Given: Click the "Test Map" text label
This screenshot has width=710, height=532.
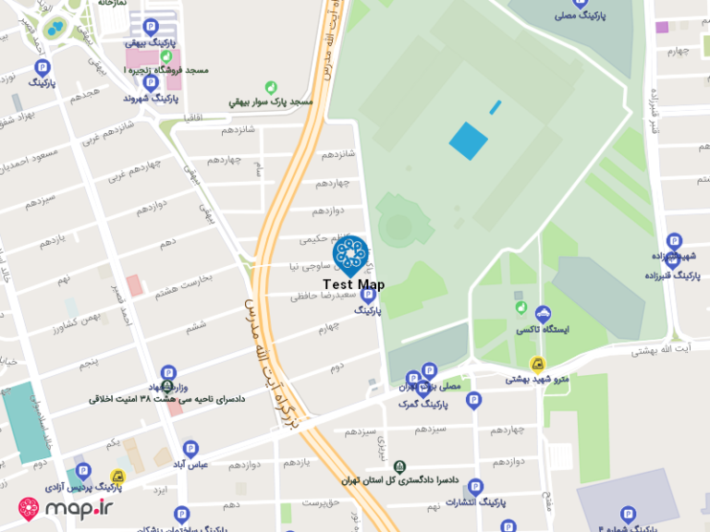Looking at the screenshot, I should click(353, 285).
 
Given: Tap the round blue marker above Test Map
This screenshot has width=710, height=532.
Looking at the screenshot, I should click(351, 255).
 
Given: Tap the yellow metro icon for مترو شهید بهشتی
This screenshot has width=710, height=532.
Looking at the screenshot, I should click(536, 364).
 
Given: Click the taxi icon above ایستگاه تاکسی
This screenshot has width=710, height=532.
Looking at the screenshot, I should click(543, 313).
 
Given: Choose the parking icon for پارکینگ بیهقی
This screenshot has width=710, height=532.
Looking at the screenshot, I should click(151, 26).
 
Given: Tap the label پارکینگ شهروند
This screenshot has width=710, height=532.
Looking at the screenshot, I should click(148, 98).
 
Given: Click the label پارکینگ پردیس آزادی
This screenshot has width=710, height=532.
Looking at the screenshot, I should click(83, 486).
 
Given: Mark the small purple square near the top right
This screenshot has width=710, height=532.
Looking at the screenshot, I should click(662, 27).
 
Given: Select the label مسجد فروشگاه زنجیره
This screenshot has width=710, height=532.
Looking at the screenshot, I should click(166, 70).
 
